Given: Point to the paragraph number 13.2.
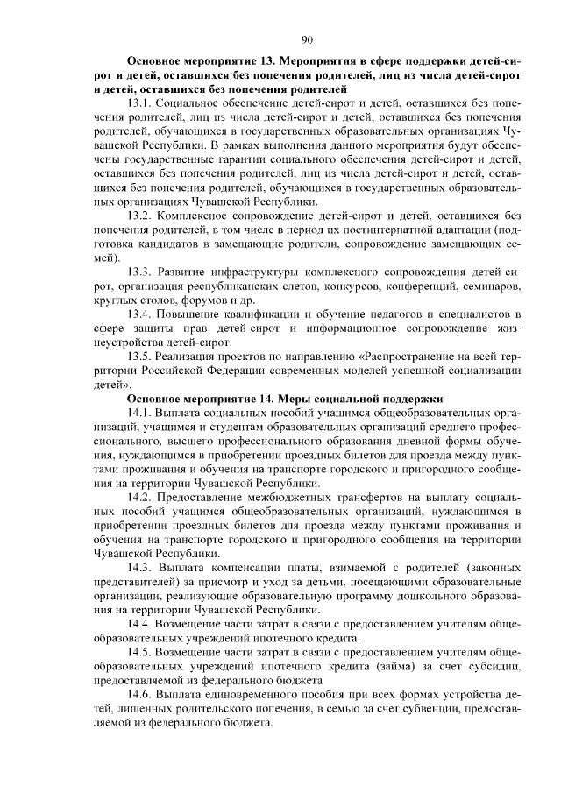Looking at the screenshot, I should [x=140, y=216].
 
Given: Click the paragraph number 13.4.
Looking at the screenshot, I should [x=140, y=314].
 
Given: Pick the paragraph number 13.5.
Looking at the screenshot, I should [x=140, y=356].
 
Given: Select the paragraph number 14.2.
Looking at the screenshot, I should [x=140, y=496].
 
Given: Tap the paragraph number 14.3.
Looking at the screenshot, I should [x=140, y=566].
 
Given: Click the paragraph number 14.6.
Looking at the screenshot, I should [x=140, y=692].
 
